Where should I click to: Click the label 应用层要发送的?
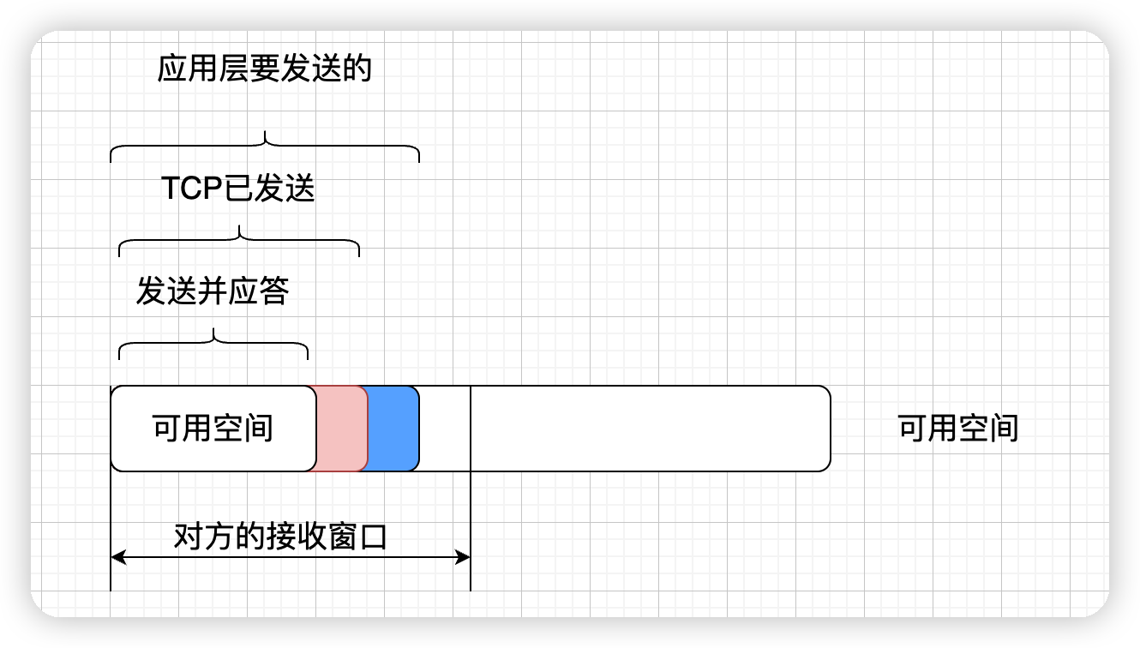pyautogui.click(x=264, y=69)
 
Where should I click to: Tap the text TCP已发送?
pyautogui.click(x=238, y=189)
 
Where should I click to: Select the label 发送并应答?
pyautogui.click(x=213, y=292)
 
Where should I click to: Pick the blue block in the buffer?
pyautogui.click(x=393, y=429)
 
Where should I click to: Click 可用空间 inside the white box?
pyautogui.click(x=213, y=428)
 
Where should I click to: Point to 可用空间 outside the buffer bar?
pyautogui.click(x=957, y=428)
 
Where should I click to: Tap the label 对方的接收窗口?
pyautogui.click(x=280, y=537)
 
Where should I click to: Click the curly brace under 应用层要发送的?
pyautogui.click(x=265, y=147)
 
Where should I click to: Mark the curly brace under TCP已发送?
pyautogui.click(x=239, y=241)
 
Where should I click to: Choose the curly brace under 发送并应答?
pyautogui.click(x=213, y=343)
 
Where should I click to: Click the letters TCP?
pyautogui.click(x=192, y=189)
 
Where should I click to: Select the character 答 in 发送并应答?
pyautogui.click(x=274, y=292)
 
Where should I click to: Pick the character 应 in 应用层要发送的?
pyautogui.click(x=172, y=69)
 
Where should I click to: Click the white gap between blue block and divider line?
pyautogui.click(x=445, y=429)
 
